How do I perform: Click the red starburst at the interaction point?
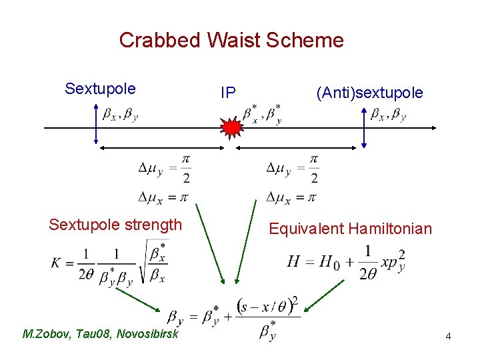pos(231,127)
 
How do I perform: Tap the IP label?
pos(228,93)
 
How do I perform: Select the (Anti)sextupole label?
pos(369,93)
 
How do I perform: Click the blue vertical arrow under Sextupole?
pos(96,127)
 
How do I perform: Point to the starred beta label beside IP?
pos(261,114)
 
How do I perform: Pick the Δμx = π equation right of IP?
pos(291,197)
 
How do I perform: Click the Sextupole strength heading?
pos(115,225)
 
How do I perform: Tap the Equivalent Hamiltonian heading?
pos(350,229)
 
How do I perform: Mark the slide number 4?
pos(449,337)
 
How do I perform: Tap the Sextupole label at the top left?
pos(100,89)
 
